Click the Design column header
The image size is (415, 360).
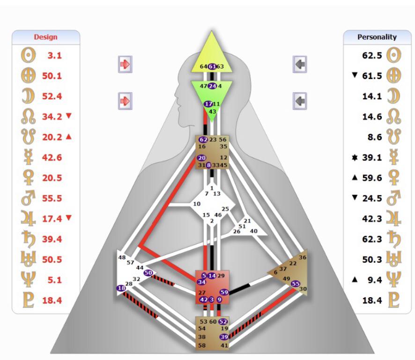[x=45, y=37]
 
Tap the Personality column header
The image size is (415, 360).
[x=377, y=37]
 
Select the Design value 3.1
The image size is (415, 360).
[x=54, y=55]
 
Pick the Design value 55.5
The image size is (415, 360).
[x=52, y=198]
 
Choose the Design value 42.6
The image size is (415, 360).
[x=52, y=157]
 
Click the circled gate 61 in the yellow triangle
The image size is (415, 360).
[x=212, y=66]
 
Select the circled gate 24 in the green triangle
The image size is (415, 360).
[x=212, y=86]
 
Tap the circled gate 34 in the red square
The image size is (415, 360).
[x=201, y=282]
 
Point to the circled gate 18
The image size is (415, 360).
[x=121, y=288]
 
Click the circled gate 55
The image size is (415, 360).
[x=295, y=284]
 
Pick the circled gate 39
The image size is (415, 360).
[x=224, y=337]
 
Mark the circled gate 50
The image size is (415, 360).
[x=148, y=273]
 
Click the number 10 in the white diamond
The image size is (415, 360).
[x=197, y=204]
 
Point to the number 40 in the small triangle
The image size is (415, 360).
[x=253, y=231]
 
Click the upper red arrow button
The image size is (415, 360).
[x=125, y=64]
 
